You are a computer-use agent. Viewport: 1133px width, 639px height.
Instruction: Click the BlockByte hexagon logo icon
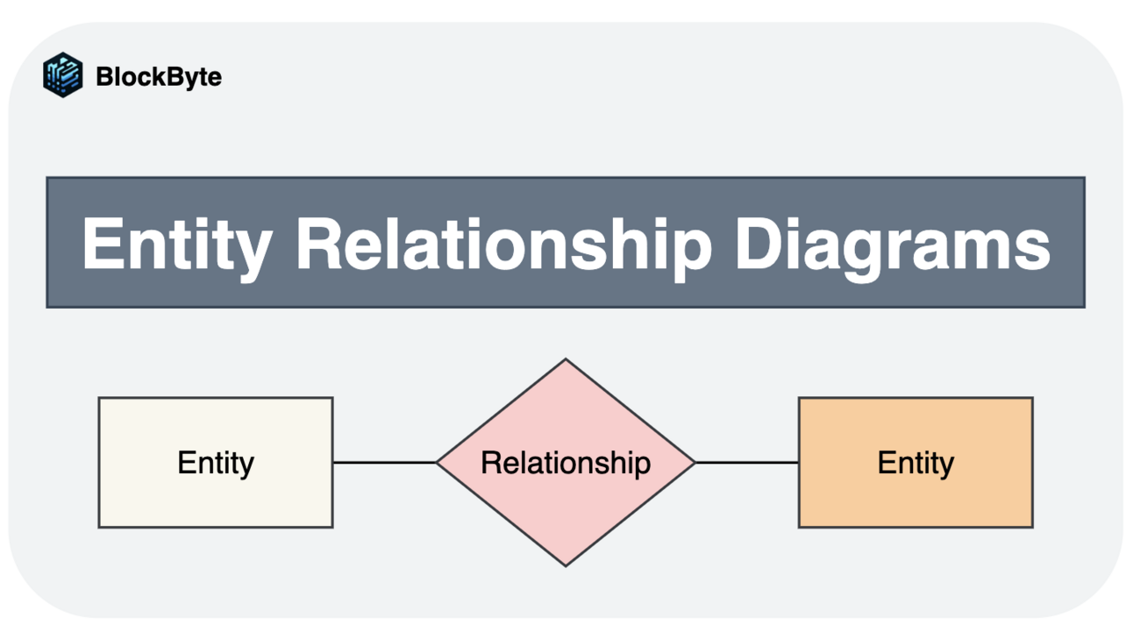point(63,75)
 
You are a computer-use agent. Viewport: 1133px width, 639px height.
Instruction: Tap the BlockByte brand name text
point(159,77)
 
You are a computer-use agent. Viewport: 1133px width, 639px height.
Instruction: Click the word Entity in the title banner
point(175,244)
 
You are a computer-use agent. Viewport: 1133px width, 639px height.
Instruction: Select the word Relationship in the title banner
point(503,244)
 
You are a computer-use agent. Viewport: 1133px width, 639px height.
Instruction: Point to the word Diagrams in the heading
point(892,244)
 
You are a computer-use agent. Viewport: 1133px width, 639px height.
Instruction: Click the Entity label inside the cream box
point(216,463)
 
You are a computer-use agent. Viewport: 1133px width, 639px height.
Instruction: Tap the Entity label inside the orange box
point(916,463)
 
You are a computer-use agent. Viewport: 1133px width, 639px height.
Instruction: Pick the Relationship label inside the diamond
point(566,462)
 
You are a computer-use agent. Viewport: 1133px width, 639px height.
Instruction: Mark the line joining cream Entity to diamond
point(384,462)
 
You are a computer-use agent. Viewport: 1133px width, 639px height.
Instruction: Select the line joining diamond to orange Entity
point(746,462)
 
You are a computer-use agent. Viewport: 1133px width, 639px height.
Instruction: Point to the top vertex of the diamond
point(566,360)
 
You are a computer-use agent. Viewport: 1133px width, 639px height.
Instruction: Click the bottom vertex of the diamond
point(566,564)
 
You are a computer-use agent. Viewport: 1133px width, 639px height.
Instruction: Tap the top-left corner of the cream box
point(100,399)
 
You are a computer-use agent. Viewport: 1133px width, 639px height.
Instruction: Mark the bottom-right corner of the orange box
point(1031,526)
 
